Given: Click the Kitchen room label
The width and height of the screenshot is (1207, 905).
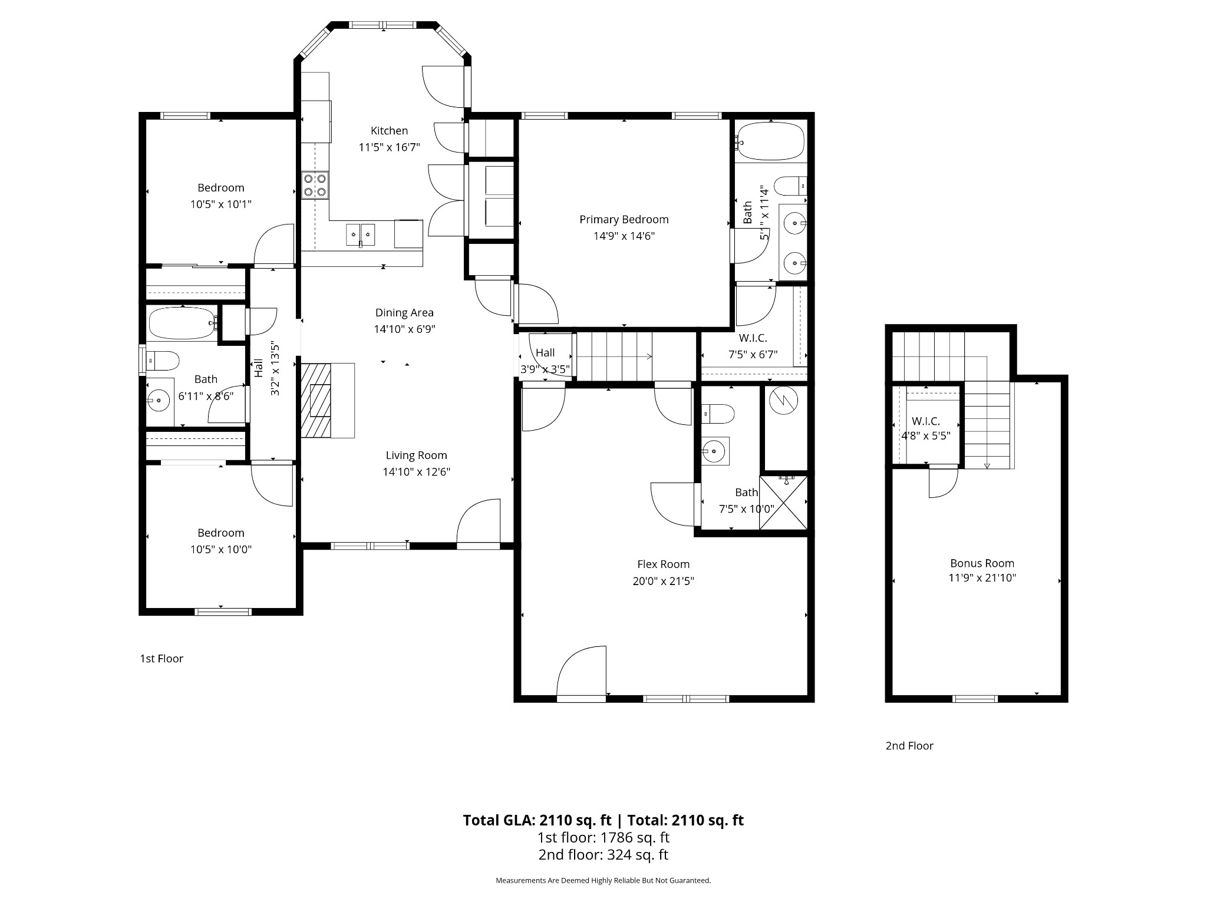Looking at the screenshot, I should click(389, 131).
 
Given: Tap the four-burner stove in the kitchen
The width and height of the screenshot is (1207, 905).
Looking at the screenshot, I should click(315, 184).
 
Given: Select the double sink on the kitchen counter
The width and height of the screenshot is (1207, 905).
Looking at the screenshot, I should click(360, 234).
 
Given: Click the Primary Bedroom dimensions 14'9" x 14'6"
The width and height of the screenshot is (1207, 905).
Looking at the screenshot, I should click(624, 236).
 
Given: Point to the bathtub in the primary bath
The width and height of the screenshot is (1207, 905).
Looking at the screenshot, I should click(770, 141).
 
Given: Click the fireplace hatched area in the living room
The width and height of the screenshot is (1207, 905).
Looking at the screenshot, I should click(316, 400).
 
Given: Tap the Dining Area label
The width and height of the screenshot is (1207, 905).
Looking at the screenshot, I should click(404, 313).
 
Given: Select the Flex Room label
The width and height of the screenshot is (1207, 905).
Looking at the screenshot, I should click(663, 564).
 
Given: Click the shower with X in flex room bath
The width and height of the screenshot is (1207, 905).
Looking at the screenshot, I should click(783, 503).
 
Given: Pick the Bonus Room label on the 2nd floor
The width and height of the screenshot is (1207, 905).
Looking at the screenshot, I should click(982, 563).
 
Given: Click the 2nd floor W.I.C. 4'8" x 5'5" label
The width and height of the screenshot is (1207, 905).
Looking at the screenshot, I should click(925, 429).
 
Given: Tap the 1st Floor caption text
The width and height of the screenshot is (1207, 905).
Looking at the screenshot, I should click(161, 659).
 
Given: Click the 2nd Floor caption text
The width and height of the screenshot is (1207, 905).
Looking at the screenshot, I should click(909, 746).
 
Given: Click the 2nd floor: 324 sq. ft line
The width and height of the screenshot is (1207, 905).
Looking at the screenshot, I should click(603, 855).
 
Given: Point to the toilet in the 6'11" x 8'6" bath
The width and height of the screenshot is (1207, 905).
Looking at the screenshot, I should click(163, 359).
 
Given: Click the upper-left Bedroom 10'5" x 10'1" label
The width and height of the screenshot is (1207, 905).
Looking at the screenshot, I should click(220, 196).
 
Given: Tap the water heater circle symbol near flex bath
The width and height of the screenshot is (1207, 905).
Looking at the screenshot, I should click(783, 401).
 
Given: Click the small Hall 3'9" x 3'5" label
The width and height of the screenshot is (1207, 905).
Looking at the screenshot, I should click(545, 361).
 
